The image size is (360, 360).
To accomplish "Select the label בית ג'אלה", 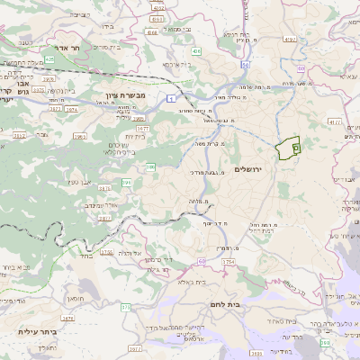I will pyautogui.click(x=219, y=282).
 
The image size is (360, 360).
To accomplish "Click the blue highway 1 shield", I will pyautogui.click(x=168, y=96).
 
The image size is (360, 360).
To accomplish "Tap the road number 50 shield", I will pyautogui.click(x=244, y=65).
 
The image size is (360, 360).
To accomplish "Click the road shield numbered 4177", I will pyautogui.click(x=334, y=121).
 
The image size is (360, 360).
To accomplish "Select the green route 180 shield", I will pyautogui.click(x=326, y=343).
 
